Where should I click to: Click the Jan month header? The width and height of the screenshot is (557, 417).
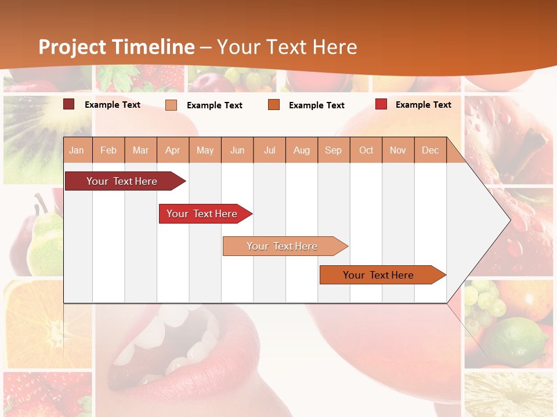coord(77,150)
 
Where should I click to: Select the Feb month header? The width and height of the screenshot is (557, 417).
coord(108,150)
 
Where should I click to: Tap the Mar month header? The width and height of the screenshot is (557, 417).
coord(140,150)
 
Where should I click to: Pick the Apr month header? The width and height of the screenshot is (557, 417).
coord(173,150)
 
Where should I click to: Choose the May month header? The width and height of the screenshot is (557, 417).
coord(205,150)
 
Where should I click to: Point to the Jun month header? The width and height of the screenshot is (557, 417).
coord(237,150)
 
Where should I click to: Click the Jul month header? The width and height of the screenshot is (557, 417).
coord(269,150)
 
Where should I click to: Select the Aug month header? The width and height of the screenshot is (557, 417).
coord(302,150)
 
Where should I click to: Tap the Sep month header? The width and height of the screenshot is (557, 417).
coord(334,150)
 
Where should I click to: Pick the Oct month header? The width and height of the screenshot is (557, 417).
coord(366,150)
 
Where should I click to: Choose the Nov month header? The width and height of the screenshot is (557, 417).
coord(398,150)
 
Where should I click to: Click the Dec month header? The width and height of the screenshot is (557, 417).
coord(431,150)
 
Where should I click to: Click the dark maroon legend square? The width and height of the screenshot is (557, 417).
coord(68,104)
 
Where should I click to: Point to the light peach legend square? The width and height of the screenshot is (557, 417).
coord(171,105)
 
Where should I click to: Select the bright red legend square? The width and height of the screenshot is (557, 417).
coord(381,104)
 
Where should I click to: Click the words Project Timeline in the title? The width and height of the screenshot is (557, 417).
coord(117,47)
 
